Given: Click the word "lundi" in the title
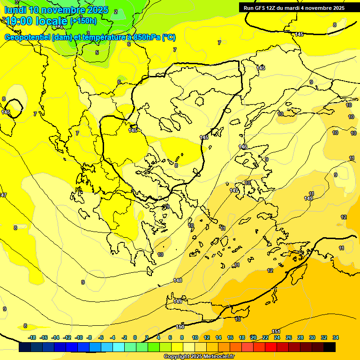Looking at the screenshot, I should [15, 10].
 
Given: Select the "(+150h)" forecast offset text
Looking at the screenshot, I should [83, 21].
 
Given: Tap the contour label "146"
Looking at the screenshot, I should [243, 147].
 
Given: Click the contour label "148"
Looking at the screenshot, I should [178, 280].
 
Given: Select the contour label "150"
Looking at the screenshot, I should [180, 327].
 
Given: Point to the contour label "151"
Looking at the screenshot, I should [276, 332].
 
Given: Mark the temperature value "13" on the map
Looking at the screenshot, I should [238, 319].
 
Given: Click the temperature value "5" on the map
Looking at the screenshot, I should [97, 52].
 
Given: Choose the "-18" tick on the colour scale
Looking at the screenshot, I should [32, 337].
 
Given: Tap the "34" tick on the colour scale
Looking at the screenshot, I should [336, 337].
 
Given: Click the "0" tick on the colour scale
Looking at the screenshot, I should [135, 337].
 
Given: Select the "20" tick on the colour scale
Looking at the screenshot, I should [253, 337].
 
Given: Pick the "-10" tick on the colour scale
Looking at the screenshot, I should [79, 337].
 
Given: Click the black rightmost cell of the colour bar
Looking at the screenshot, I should [330, 347].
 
